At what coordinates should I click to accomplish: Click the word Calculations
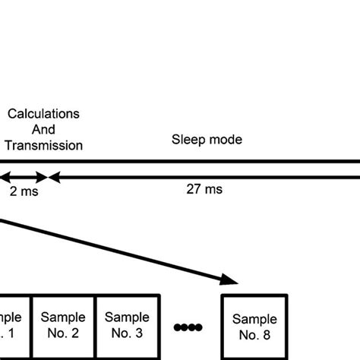[x=43, y=113]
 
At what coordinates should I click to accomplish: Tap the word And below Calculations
[x=43, y=129]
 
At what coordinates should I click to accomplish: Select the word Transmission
[x=43, y=145]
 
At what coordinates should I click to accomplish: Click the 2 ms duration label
[x=24, y=191]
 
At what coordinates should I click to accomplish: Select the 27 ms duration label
[x=205, y=190]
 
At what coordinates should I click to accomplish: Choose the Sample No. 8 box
[x=254, y=327]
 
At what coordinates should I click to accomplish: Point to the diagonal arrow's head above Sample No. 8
[x=232, y=281]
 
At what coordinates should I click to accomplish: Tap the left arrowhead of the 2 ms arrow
[x=4, y=178]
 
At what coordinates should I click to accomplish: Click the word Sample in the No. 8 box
[x=254, y=320]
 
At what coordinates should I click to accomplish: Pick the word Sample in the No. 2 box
[x=63, y=317]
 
